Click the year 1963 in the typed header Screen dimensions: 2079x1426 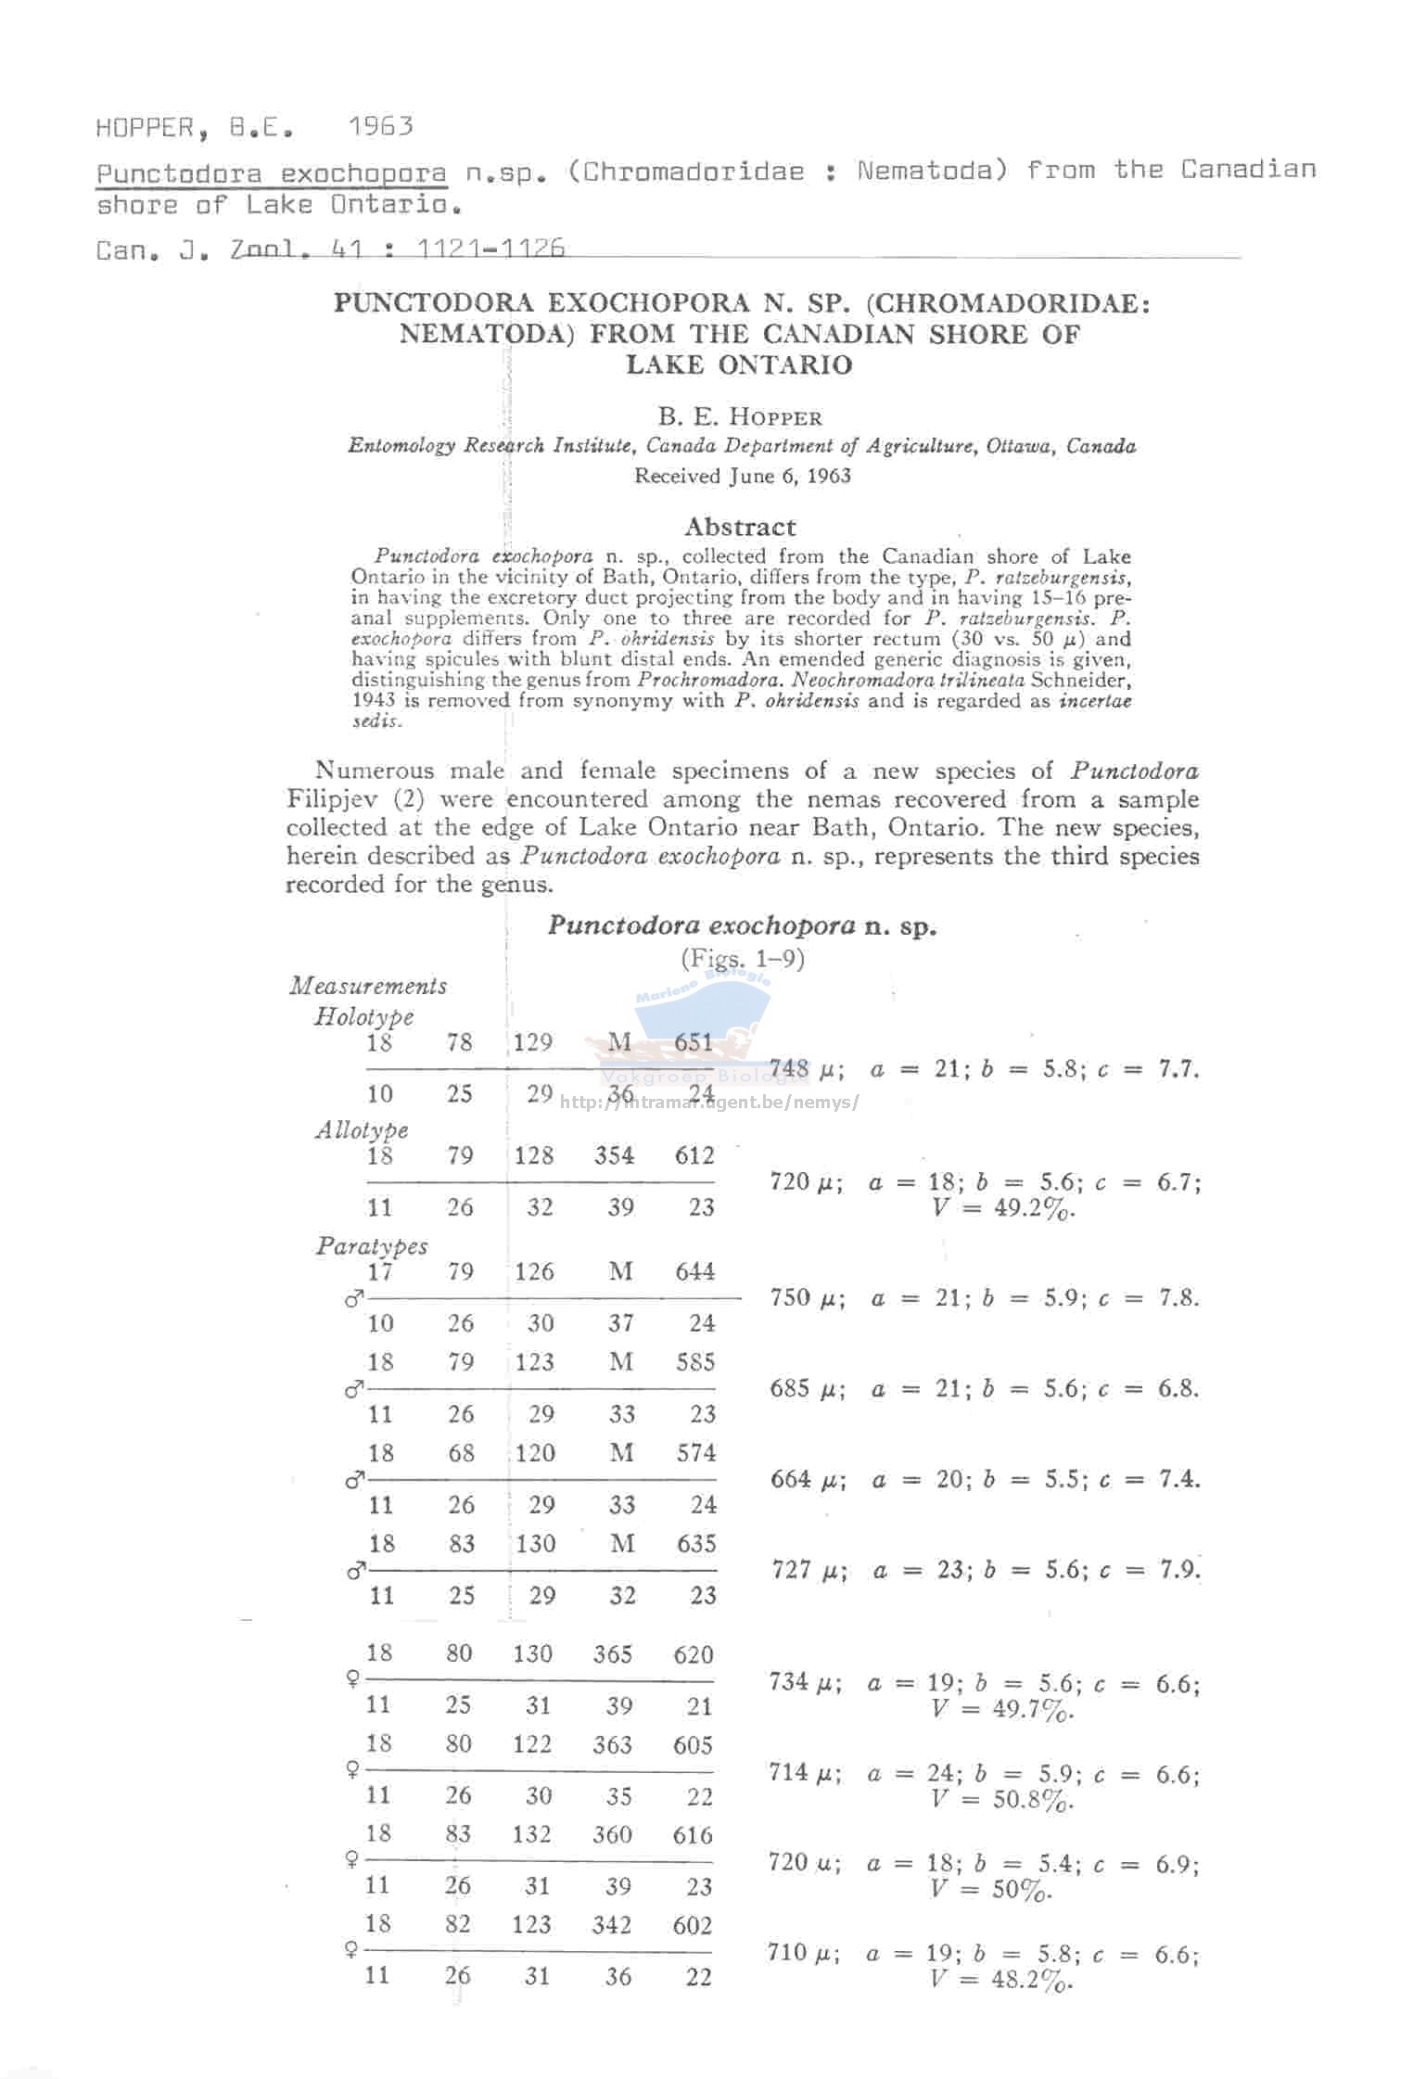(381, 126)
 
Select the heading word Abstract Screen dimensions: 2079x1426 (740, 527)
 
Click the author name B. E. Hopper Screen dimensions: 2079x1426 (740, 416)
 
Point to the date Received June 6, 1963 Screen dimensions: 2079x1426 (742, 476)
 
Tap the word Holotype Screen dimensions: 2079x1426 (363, 1016)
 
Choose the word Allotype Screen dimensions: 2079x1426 (362, 1129)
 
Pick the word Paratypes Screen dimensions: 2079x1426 (372, 1245)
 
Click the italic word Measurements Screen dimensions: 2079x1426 (368, 985)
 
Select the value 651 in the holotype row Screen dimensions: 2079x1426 (694, 1042)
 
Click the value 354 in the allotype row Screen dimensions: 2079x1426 (614, 1155)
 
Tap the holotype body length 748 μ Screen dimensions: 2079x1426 (806, 1070)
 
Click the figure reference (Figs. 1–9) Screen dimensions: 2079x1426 (742, 958)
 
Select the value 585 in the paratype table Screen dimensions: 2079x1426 (695, 1362)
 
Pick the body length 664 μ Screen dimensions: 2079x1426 (808, 1479)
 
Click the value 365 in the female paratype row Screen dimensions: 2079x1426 (612, 1654)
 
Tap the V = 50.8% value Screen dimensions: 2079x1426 (1002, 1800)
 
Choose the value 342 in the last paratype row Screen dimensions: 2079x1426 (612, 1925)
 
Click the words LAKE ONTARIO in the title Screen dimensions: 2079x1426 (739, 364)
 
